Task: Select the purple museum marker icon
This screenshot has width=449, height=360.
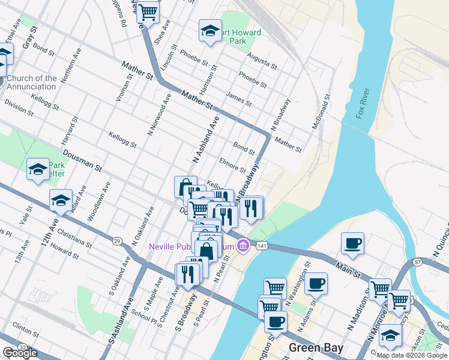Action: click(243, 245)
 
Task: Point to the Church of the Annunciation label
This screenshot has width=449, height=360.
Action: click(32, 82)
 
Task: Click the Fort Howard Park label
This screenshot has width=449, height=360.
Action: click(238, 37)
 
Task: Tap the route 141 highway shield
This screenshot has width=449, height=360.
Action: click(261, 245)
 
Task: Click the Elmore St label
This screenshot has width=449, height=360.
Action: click(232, 165)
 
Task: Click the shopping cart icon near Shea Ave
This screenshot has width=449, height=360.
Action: click(148, 11)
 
